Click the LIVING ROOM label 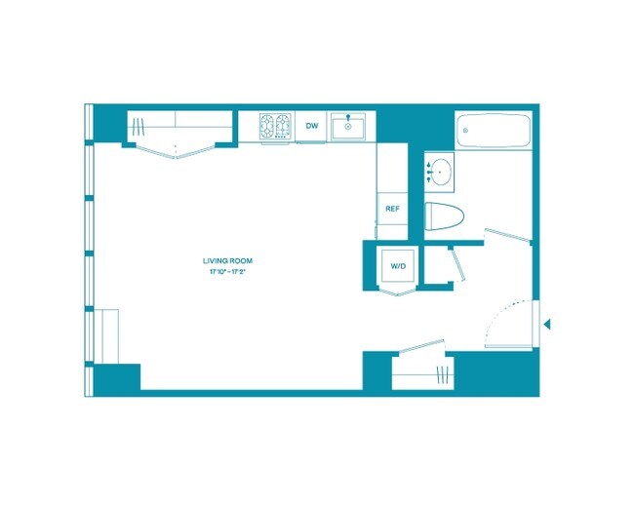pos(223,260)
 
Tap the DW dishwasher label pos(312,127)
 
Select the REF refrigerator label pos(391,209)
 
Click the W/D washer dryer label pos(398,265)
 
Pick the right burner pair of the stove pos(284,127)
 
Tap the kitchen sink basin pos(347,128)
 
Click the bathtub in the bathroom pos(494,131)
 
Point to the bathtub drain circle pos(467,130)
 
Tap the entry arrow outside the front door pos(547,324)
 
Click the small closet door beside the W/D pos(452,263)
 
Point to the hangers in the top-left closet pos(141,127)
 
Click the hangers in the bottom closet pos(445,374)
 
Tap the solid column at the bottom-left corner pos(117,378)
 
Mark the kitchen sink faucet pos(347,118)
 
